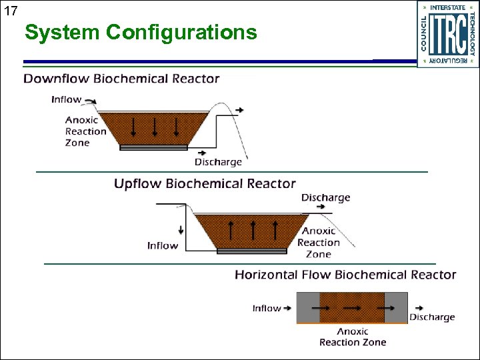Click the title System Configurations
click(141, 32)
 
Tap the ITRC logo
click(448, 34)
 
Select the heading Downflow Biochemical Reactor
click(121, 79)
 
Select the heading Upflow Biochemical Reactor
click(205, 183)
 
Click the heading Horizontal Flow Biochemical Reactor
click(345, 275)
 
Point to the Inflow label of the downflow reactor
click(66, 99)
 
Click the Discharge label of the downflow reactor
click(218, 162)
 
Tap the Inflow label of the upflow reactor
click(163, 245)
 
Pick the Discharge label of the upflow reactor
click(325, 197)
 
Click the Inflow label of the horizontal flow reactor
click(267, 308)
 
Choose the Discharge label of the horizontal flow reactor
click(432, 317)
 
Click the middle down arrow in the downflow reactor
click(155, 127)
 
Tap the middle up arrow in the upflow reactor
click(253, 230)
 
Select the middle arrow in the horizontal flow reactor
click(352, 308)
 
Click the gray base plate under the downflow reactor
click(154, 147)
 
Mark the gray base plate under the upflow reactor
click(253, 251)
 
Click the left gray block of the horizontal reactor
click(308, 307)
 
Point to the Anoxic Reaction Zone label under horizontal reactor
click(352, 337)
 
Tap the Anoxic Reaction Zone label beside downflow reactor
click(85, 131)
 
